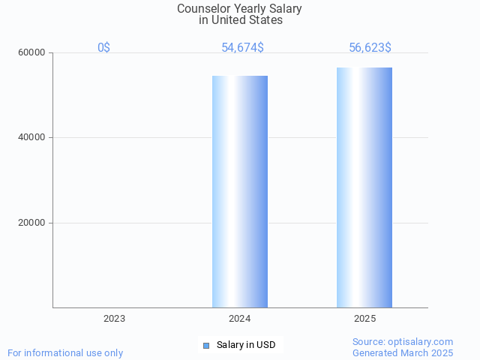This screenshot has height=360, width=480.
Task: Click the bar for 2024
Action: pos(240,191)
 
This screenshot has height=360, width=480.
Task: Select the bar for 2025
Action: pos(364,187)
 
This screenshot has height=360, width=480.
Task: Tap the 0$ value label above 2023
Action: pos(104,48)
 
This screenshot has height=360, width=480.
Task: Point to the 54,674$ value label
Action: pos(242,48)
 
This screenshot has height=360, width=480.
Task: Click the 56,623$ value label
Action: pos(370,48)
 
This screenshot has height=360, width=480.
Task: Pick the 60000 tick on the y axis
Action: pos(32,53)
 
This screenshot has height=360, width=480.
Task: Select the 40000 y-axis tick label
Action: pos(32,138)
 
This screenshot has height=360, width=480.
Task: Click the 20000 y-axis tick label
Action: pos(32,223)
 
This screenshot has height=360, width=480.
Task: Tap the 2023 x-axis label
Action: pos(115,319)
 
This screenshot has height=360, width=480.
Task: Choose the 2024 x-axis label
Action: pos(240,319)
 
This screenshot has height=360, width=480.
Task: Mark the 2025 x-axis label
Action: pos(365,319)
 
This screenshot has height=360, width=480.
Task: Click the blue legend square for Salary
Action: pos(206,345)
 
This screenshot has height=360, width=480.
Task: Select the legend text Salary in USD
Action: pos(246,345)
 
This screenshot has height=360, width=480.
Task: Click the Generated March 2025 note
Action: pos(403,353)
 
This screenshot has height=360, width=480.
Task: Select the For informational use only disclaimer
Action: pos(65,353)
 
